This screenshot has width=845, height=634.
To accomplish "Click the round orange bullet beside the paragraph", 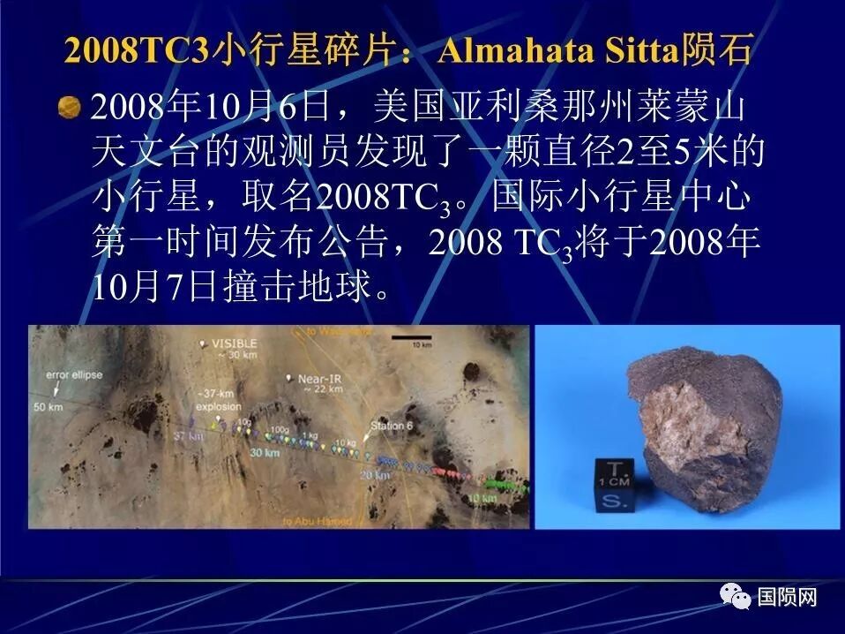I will [69, 109].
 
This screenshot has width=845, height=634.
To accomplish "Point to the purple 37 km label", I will [188, 435].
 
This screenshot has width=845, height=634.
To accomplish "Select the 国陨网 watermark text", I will [787, 597].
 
